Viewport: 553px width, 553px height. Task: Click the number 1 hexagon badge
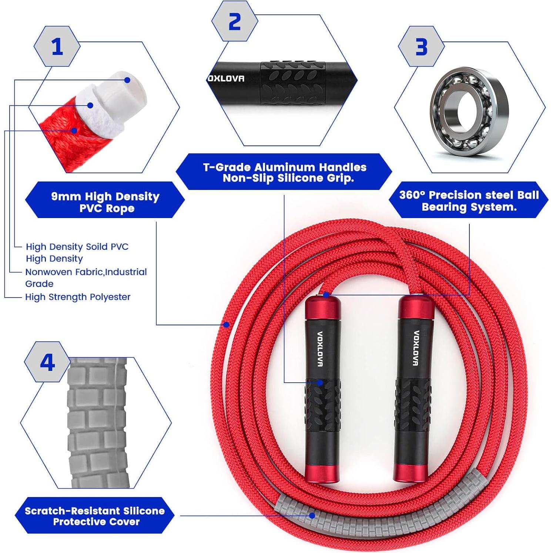tap(57, 47)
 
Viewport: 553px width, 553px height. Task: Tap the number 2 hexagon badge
tap(235, 21)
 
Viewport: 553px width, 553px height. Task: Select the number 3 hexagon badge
tap(421, 47)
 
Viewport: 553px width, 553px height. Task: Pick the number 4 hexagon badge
tap(47, 362)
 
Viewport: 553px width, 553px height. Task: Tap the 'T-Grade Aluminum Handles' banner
tap(284, 172)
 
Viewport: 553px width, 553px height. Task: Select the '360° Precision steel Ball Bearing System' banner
tap(469, 200)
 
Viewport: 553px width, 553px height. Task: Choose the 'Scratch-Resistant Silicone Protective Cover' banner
tap(95, 516)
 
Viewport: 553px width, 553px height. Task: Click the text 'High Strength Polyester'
tap(78, 297)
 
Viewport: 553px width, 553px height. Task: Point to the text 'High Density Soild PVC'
tap(77, 247)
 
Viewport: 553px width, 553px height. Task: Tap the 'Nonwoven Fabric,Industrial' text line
tap(86, 272)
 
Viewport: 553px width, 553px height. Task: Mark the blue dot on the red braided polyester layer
tap(74, 130)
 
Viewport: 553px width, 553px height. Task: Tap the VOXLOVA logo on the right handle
tap(415, 348)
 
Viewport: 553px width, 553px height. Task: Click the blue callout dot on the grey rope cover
tap(312, 515)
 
